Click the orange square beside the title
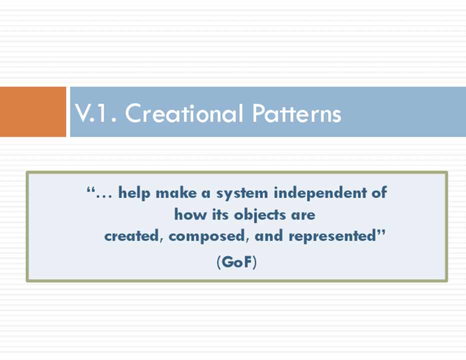point(32,112)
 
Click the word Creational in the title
point(184,113)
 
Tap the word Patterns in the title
point(297,113)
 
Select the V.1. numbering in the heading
point(95,113)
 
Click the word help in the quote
point(134,193)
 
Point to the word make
point(176,192)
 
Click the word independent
point(320,192)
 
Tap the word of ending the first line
point(379,192)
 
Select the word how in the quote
point(190,214)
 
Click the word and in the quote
point(268,235)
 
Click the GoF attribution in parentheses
point(236,262)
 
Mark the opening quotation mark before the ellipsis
point(90,189)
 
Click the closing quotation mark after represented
point(381,232)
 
